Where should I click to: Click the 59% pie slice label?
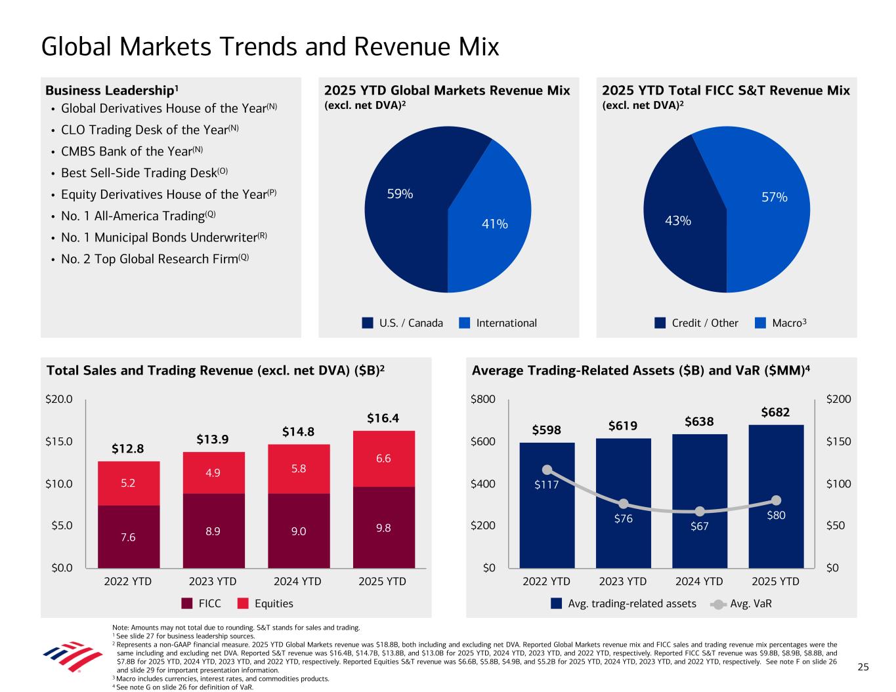click(x=400, y=194)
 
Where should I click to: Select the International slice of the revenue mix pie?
click(x=492, y=216)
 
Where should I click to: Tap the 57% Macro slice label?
click(x=775, y=197)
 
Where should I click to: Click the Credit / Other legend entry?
click(x=696, y=323)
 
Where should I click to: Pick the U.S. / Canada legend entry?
click(x=403, y=323)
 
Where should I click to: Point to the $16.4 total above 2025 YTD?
click(x=383, y=418)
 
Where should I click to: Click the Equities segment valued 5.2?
click(x=128, y=483)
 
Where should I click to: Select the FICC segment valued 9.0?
click(x=298, y=531)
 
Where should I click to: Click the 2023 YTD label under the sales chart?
click(x=213, y=581)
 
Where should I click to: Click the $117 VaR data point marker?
click(x=547, y=470)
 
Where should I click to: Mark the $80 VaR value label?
click(x=776, y=516)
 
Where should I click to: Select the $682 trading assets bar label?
click(x=775, y=413)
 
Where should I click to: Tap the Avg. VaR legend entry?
click(x=742, y=603)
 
